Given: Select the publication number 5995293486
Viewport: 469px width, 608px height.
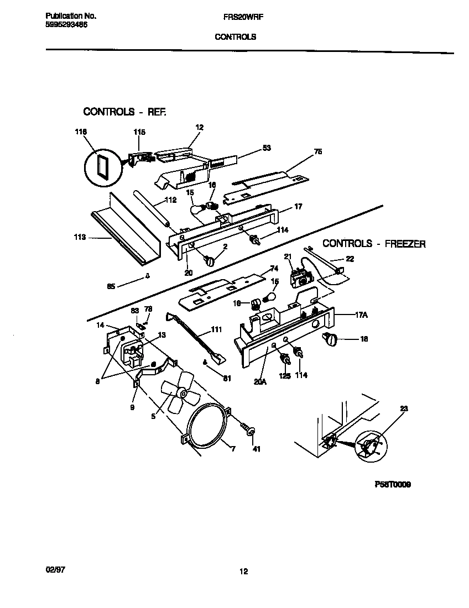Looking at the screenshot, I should pos(66,25).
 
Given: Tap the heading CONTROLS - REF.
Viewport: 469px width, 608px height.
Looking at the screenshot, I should pos(124,112).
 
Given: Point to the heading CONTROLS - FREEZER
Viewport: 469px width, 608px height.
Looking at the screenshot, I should pos(374,243).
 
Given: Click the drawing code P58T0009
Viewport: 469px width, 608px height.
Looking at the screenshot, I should pos(392,484).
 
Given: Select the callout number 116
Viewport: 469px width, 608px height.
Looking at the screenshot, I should pos(81,132).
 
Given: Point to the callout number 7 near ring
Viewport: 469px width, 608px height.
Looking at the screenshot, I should pos(233,449).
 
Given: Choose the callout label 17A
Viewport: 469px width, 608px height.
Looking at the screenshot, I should pos(361,315).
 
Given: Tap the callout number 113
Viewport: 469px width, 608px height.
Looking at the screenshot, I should pos(80,237).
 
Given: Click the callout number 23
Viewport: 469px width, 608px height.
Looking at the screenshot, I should pos(403,409).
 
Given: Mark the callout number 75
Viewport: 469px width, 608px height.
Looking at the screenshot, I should pos(317,151).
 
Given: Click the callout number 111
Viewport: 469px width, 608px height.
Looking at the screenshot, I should pos(216,330).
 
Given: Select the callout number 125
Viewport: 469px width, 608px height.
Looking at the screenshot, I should pos(284,375).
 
